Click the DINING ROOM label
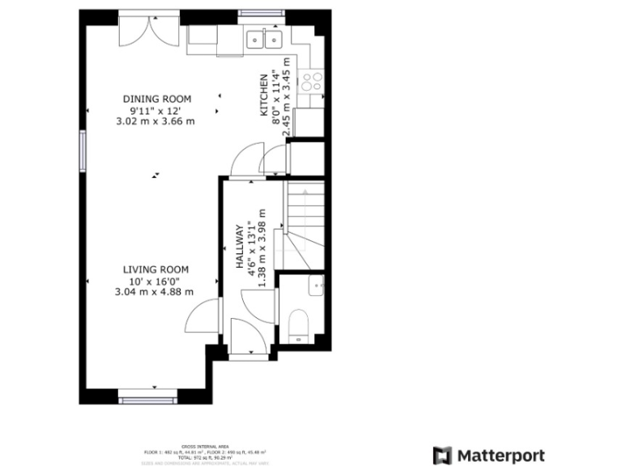pyautogui.click(x=155, y=99)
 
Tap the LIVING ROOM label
pyautogui.click(x=155, y=269)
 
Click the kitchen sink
pyautogui.click(x=264, y=38)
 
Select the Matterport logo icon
pyautogui.click(x=442, y=455)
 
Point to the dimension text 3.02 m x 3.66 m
pyautogui.click(x=155, y=121)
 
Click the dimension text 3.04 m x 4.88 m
pyautogui.click(x=155, y=292)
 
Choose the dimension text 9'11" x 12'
pyautogui.click(x=155, y=110)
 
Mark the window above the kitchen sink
pyautogui.click(x=261, y=14)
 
